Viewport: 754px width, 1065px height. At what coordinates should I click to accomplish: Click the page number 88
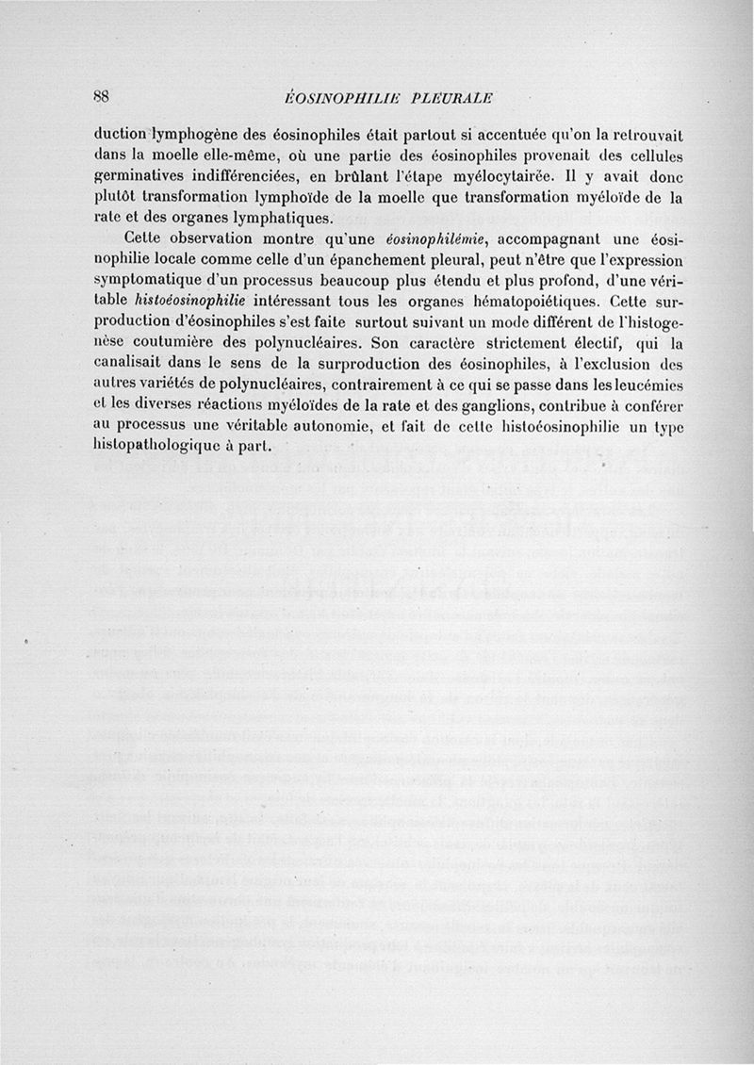tap(103, 97)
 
